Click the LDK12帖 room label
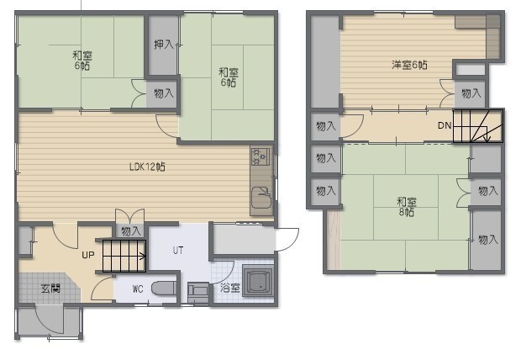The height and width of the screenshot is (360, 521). (x=147, y=167)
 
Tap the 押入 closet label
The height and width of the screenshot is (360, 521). (x=164, y=45)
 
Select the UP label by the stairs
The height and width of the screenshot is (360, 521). (x=88, y=255)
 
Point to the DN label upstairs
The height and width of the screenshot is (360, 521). (x=445, y=125)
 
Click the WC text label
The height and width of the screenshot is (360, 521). (x=138, y=289)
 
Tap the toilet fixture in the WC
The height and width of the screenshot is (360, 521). (x=164, y=289)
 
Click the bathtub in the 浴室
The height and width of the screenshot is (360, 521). (x=258, y=280)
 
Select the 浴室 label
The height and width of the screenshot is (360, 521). (x=230, y=289)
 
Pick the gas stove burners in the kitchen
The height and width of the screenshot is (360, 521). (x=260, y=156)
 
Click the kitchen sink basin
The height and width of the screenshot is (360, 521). (x=261, y=197)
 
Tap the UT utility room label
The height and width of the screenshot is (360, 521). (x=178, y=250)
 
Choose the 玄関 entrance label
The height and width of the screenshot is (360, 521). (x=50, y=289)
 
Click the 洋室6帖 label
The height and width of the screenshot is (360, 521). (x=409, y=65)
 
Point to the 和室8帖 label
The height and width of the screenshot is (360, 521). (x=407, y=207)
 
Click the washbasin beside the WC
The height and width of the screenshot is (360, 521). (x=198, y=292)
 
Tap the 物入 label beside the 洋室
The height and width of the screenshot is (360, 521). (x=471, y=93)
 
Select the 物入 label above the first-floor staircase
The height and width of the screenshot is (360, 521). (x=131, y=231)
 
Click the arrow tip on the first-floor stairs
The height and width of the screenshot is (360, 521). (x=145, y=257)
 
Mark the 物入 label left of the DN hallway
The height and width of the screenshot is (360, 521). (x=326, y=126)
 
